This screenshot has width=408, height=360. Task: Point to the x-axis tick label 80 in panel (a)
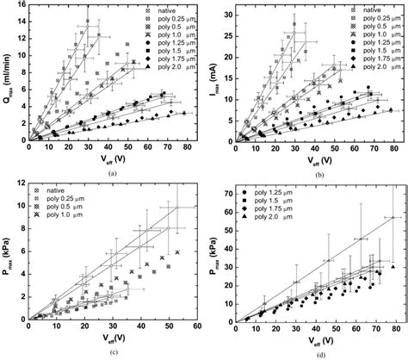coord(186,148)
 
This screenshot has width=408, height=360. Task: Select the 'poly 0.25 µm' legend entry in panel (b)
coord(378,16)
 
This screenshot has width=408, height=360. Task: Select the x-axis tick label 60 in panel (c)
coord(196,325)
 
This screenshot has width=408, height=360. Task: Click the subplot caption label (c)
coord(109,346)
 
